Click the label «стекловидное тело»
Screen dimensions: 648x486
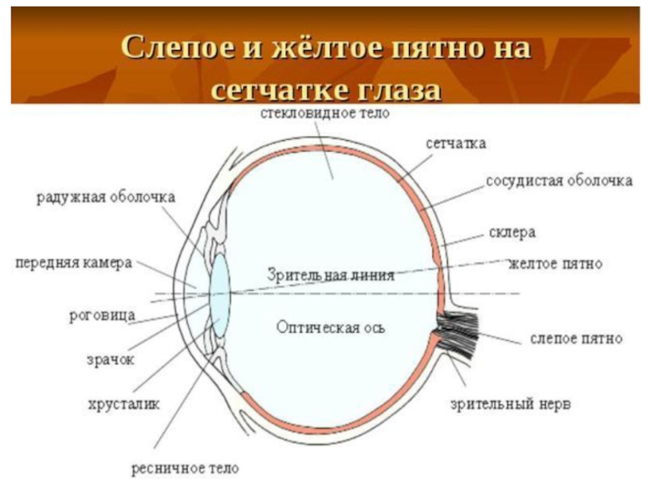(325, 113)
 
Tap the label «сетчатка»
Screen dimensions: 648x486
(456, 143)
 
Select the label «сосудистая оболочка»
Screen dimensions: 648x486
(559, 181)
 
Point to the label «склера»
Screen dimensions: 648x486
(512, 232)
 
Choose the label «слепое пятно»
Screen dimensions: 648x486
(576, 337)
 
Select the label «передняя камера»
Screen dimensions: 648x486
(74, 264)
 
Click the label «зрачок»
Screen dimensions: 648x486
(109, 357)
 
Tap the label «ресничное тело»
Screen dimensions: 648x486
(185, 468)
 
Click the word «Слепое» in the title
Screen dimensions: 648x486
(176, 47)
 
